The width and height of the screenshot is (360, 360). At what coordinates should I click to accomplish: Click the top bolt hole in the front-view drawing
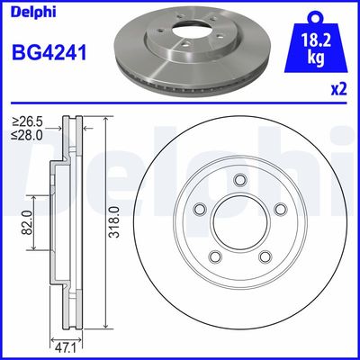click(240, 180)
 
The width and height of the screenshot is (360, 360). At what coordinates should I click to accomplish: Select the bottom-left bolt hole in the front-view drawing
click(214, 259)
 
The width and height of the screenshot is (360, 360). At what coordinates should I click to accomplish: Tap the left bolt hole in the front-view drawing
click(199, 210)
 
